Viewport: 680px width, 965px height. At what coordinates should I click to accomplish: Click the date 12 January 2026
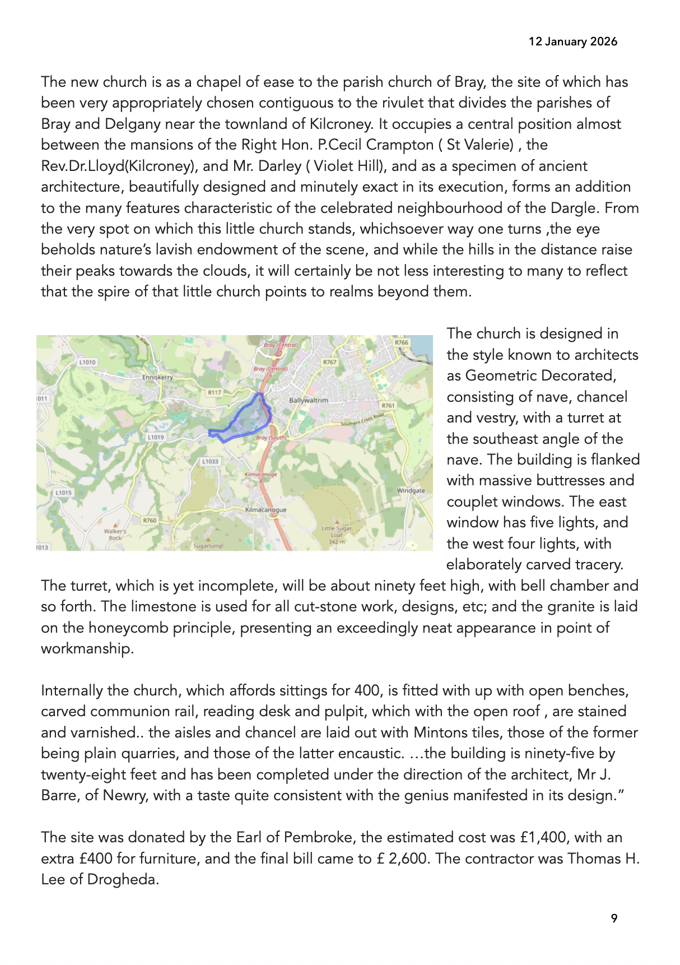tap(572, 41)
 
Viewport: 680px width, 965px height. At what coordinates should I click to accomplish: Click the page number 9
tap(614, 918)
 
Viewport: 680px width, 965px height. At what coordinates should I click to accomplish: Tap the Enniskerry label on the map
tap(157, 377)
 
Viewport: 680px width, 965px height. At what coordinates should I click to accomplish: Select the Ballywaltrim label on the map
tap(308, 400)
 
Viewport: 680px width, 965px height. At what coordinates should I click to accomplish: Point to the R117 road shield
tap(215, 392)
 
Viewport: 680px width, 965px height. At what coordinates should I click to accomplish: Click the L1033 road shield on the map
tap(210, 461)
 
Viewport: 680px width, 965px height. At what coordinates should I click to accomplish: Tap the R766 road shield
tap(401, 342)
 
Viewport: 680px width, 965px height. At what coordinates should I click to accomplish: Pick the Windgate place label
tap(411, 490)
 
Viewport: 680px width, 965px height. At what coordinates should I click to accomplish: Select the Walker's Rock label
tap(115, 534)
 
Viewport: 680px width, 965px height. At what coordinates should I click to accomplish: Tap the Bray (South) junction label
tap(271, 438)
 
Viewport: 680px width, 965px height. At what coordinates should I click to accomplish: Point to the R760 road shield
tap(150, 521)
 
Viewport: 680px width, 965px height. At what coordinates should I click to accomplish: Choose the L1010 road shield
tap(87, 362)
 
